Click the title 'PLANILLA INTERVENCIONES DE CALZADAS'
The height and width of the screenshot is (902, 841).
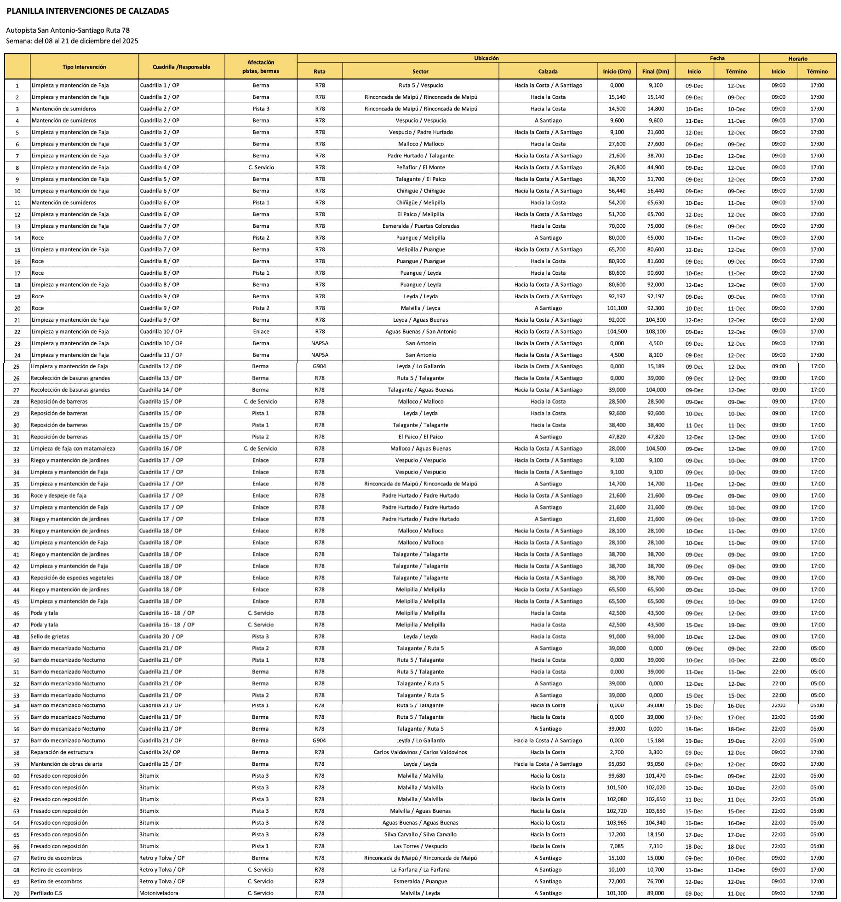[x=87, y=11]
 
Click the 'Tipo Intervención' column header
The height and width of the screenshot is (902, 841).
[x=84, y=67]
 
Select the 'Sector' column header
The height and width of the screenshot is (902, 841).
[x=420, y=72]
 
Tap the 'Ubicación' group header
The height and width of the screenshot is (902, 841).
[x=486, y=58]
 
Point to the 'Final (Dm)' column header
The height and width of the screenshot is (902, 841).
[x=656, y=72]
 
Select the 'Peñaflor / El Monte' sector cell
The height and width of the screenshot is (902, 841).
[x=420, y=168]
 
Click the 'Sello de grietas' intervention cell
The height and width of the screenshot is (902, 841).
[x=50, y=636]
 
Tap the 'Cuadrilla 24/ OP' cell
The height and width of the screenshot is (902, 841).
[x=160, y=752]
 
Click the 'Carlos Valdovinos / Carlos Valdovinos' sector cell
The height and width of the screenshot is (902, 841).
[x=420, y=752]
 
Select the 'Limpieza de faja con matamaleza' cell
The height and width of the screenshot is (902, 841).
[x=73, y=449]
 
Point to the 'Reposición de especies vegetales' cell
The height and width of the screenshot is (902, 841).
[x=72, y=578]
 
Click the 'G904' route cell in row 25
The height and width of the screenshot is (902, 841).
[x=320, y=367]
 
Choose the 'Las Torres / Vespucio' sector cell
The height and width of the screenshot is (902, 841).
[x=420, y=846]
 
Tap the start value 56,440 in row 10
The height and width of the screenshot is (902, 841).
[x=617, y=191]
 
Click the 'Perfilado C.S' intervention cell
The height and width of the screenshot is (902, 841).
[x=46, y=893]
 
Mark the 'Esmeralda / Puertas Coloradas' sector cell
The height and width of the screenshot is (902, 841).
[x=420, y=226]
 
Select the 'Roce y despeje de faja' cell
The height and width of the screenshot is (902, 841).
[x=58, y=496]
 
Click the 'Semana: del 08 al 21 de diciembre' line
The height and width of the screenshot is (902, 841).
[x=72, y=41]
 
